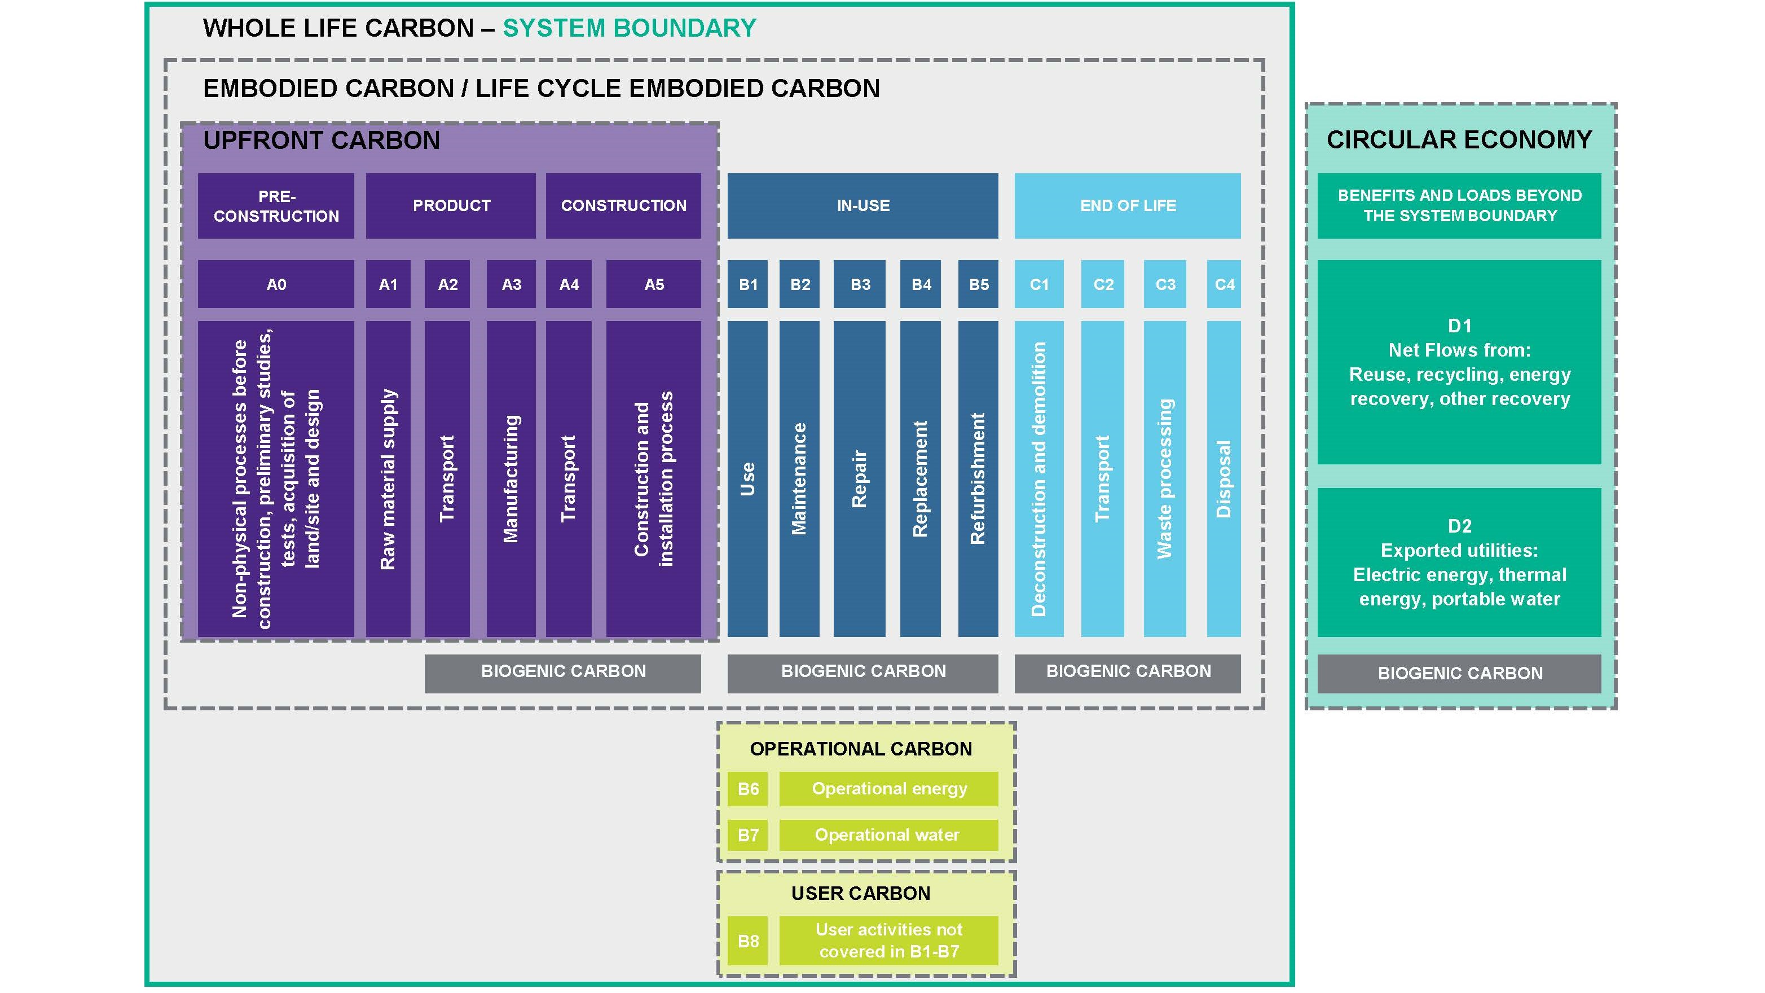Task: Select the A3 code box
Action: (x=511, y=284)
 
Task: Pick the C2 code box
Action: (x=1102, y=284)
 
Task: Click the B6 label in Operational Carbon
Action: (x=747, y=789)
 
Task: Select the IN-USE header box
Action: (x=862, y=205)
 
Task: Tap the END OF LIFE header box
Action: (x=1127, y=205)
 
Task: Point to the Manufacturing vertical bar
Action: (x=511, y=478)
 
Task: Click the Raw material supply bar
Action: (x=388, y=478)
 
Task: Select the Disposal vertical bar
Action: (x=1223, y=478)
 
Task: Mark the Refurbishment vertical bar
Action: (x=978, y=478)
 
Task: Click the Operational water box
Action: (x=888, y=834)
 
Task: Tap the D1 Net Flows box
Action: (x=1459, y=362)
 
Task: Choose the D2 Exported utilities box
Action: (x=1459, y=562)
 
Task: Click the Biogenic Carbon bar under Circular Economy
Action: (x=1459, y=673)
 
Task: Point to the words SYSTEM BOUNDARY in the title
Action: (x=629, y=28)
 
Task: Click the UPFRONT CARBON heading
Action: (x=322, y=140)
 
